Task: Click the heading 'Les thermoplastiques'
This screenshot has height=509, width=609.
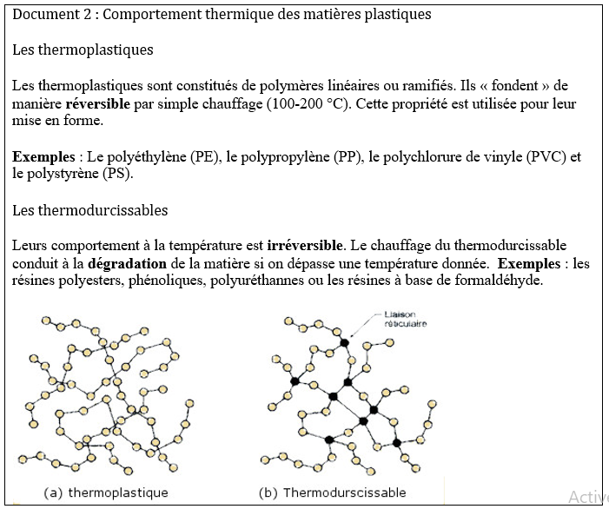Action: (x=83, y=50)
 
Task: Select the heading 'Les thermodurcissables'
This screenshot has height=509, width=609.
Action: (x=90, y=210)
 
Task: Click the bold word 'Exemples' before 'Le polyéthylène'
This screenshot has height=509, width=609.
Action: (x=43, y=157)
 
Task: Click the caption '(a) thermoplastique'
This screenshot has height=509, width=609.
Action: (x=105, y=492)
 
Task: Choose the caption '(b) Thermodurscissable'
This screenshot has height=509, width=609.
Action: (x=332, y=492)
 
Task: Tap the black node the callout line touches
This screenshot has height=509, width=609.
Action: (x=344, y=343)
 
